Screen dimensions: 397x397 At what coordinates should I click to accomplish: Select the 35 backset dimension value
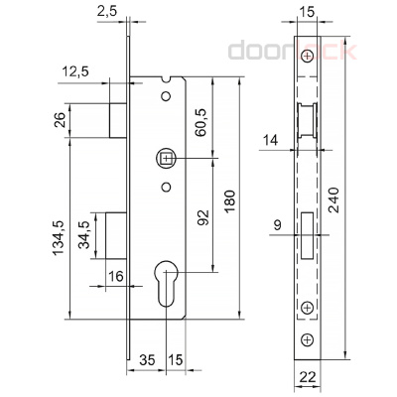[147, 358]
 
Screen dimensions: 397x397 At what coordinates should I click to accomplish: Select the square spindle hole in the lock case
[166, 158]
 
